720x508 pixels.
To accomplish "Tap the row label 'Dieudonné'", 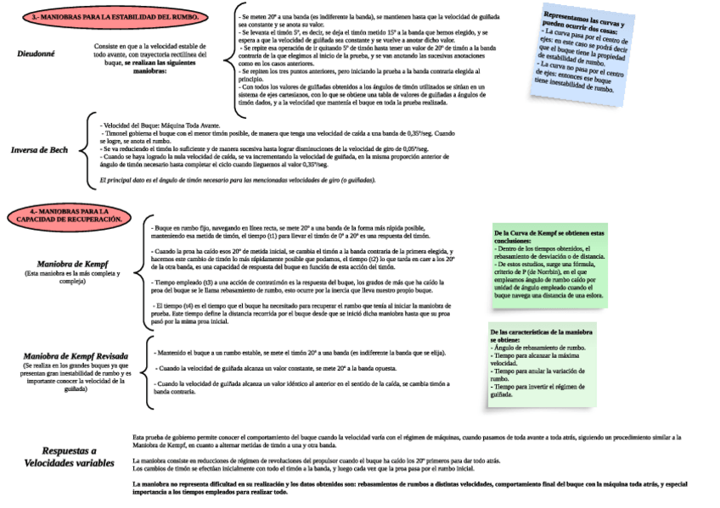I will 37,53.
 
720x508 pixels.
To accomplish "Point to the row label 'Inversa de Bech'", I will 39,150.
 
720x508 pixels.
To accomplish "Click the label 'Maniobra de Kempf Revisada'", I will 76,356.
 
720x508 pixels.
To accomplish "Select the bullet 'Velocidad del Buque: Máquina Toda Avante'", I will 160,126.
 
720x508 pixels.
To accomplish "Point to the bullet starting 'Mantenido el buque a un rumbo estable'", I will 301,352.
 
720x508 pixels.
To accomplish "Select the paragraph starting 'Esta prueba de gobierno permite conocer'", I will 407,441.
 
